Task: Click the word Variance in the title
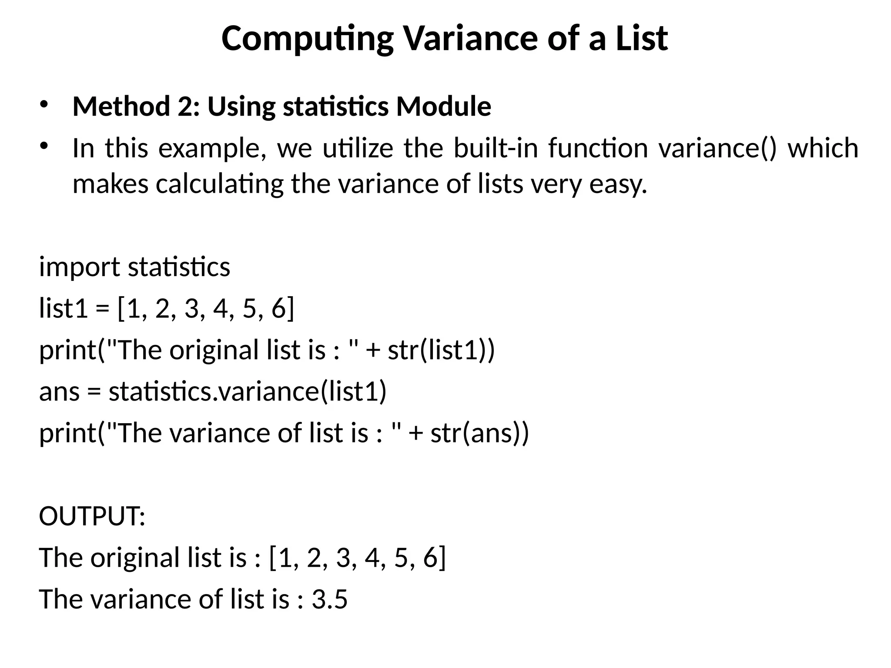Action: pos(472,38)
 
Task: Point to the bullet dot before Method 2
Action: pos(44,104)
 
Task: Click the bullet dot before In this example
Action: pos(44,146)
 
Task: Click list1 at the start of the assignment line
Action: pos(64,308)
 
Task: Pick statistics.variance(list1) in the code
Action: pos(248,392)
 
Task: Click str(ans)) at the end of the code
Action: pos(479,434)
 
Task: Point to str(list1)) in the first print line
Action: pos(441,350)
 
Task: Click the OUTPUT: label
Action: pos(92,516)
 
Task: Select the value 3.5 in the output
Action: pos(330,599)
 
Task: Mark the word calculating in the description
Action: pos(220,184)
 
